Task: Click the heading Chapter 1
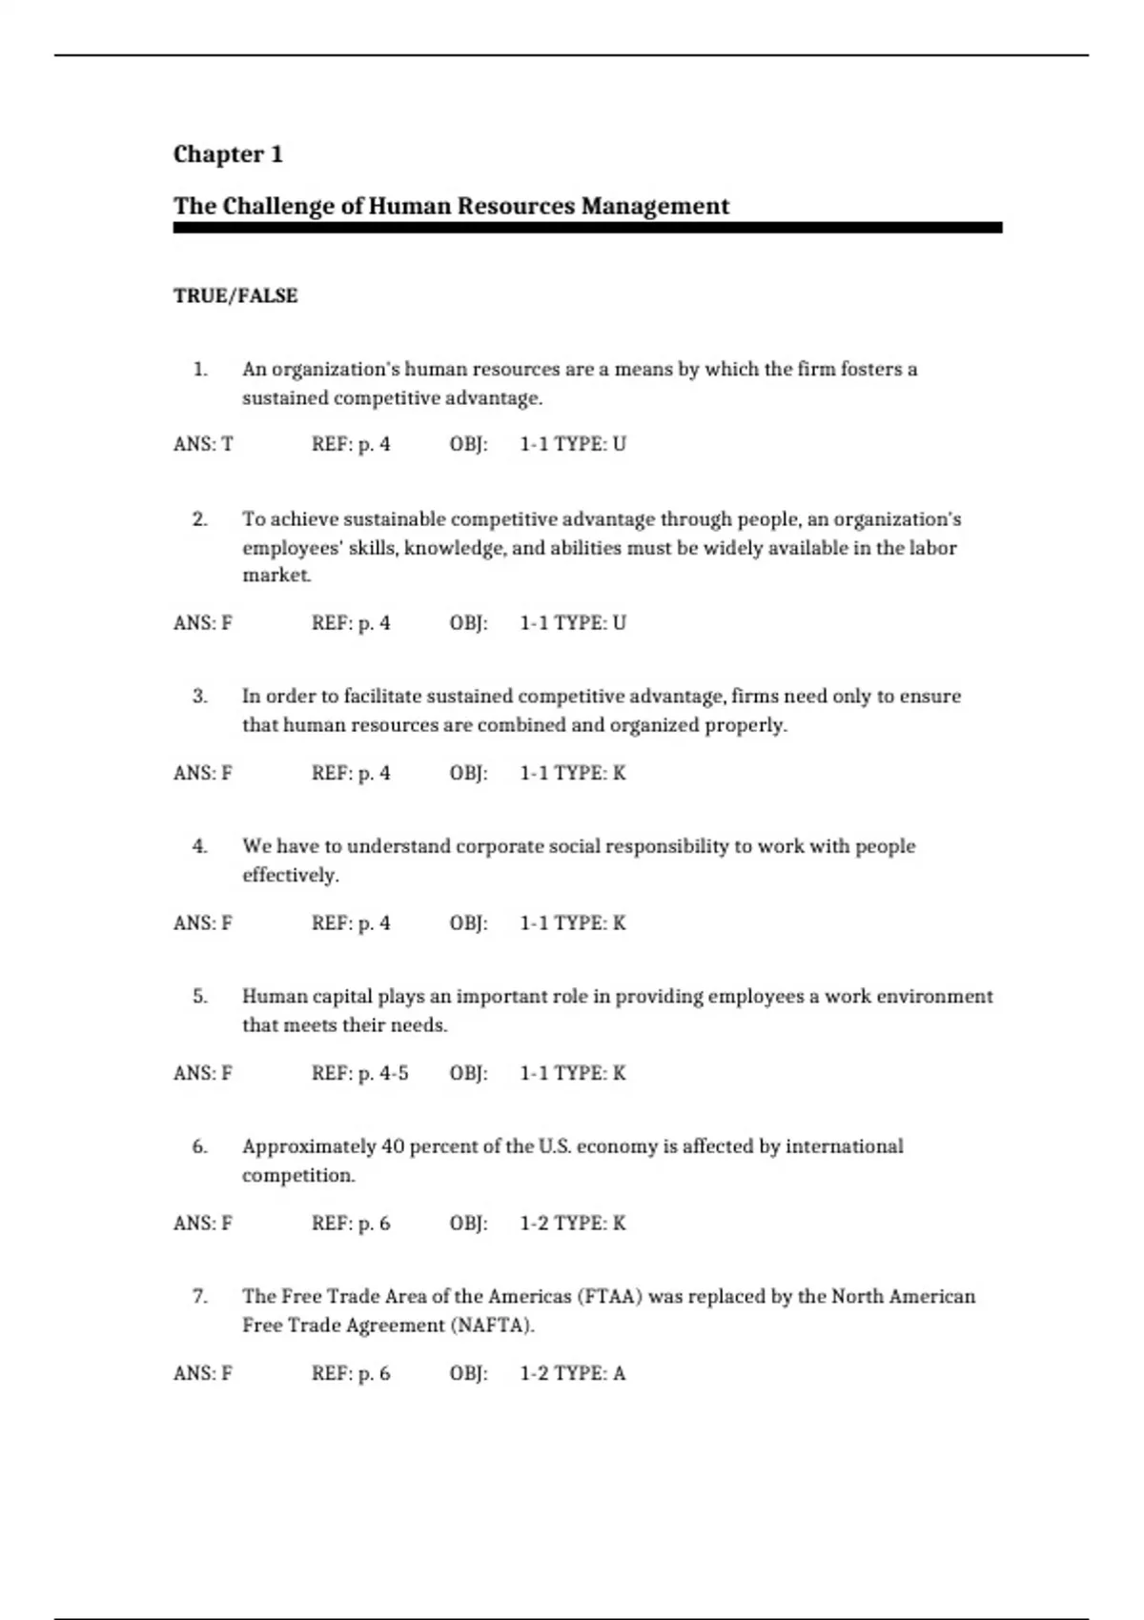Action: pos(228,154)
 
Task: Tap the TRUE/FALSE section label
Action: pos(235,296)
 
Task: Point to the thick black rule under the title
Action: pos(587,228)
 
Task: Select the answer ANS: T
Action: pos(203,444)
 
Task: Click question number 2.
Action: pos(199,519)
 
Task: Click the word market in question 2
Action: pos(276,576)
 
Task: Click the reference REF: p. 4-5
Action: pos(359,1073)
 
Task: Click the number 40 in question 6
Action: pos(393,1146)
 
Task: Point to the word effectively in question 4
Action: pos(290,875)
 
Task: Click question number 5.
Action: pos(199,997)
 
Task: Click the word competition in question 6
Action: pos(297,1175)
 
